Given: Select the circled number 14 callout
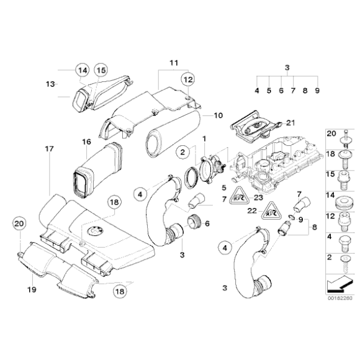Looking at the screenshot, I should pos(83,71).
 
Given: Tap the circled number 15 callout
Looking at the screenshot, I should pos(101,71).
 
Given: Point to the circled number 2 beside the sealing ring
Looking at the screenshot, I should pos(183,152).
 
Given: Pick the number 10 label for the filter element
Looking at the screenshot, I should pos(217,115).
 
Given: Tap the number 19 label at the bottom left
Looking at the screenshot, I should pos(30,289).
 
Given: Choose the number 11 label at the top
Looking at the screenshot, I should pos(173,63).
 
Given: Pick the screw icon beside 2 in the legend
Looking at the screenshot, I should pos(342,264).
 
